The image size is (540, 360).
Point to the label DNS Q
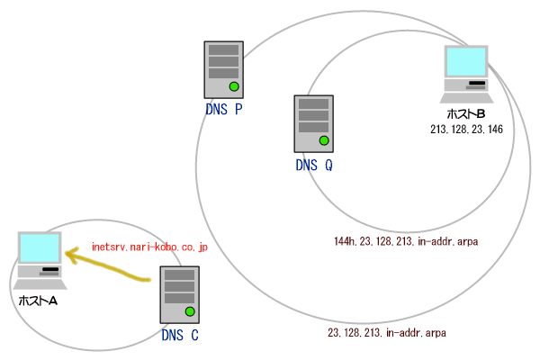point(314,165)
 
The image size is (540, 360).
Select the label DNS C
point(180,337)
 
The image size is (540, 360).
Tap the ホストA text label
point(39,300)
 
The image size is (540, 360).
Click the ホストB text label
point(466,114)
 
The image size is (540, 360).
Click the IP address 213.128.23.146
point(466,130)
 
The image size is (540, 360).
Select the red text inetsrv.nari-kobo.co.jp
point(150,246)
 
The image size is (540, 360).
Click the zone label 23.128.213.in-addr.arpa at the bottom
point(387,333)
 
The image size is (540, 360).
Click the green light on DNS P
point(234,86)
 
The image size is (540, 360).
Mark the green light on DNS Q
point(324,140)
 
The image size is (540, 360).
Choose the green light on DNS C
point(190,312)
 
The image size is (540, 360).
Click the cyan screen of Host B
point(467,61)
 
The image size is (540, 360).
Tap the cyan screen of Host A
point(40,247)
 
